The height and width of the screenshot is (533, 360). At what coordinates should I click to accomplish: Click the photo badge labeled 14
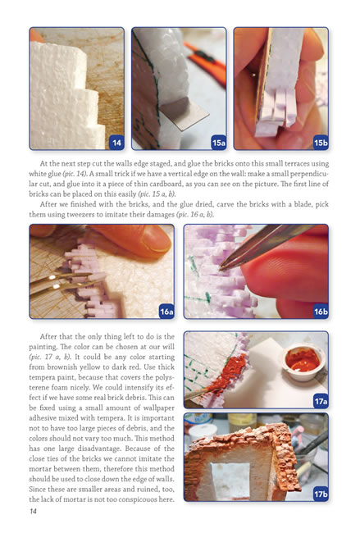116,143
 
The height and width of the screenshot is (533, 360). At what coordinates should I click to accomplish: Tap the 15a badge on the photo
219,143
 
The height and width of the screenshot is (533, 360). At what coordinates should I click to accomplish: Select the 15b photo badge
321,143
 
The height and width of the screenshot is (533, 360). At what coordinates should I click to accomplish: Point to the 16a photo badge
166,312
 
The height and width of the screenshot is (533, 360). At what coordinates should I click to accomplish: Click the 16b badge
321,312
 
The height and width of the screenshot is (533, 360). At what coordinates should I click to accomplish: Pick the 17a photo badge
321,402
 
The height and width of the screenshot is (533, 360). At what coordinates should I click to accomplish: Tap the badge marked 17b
321,494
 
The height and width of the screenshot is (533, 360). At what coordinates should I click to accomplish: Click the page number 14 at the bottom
33,511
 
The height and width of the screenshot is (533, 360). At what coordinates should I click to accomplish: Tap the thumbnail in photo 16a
156,239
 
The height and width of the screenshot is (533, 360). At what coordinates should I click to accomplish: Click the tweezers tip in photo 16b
221,268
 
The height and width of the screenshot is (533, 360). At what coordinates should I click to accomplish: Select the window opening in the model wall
230,481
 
